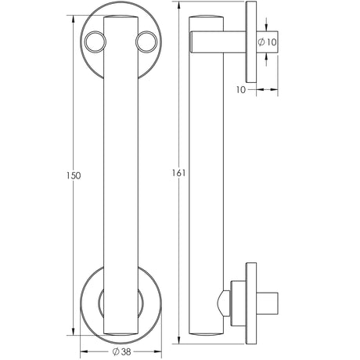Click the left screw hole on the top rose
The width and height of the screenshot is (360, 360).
coord(95,40)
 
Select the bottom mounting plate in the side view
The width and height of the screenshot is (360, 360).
coord(253,301)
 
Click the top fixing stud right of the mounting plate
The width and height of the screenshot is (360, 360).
coord(264,43)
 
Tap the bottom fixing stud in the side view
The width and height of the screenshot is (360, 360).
coord(267,301)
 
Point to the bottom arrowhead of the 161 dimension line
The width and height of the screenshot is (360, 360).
coord(183,344)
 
